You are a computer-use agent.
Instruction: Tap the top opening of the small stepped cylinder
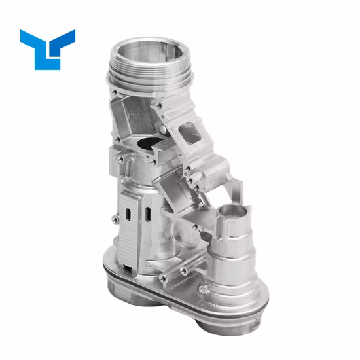234,211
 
